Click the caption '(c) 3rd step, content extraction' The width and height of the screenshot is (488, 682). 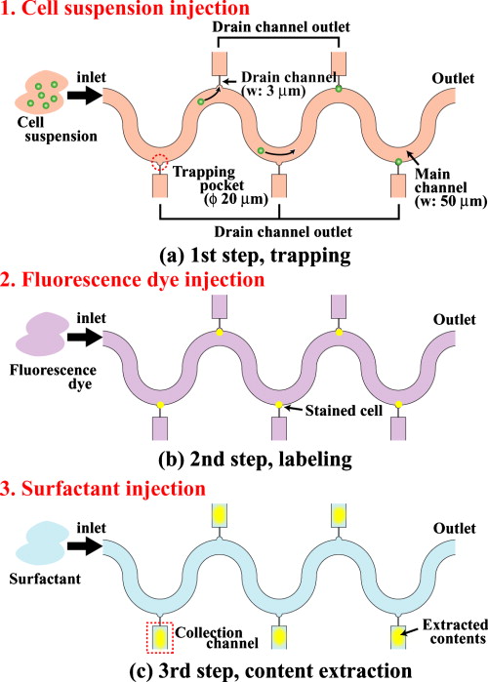(243, 668)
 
